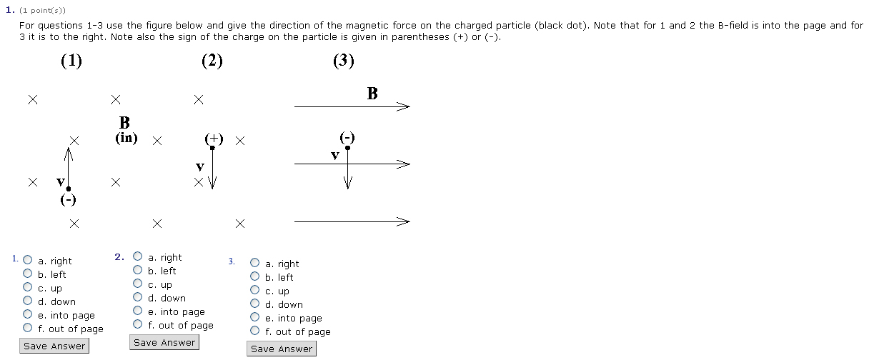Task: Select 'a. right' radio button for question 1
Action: coord(28,261)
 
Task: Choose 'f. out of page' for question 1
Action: coord(28,329)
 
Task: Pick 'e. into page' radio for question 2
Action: coord(138,311)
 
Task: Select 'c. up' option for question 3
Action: coord(255,291)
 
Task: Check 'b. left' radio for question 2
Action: coord(138,270)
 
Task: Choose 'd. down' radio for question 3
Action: coord(255,304)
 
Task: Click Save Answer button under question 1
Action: coord(54,346)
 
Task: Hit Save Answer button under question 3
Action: coord(282,349)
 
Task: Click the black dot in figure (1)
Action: coord(69,189)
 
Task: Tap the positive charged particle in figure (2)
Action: coord(212,147)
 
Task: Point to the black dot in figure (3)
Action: coord(347,148)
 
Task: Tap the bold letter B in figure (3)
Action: coord(372,94)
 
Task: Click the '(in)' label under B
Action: coord(126,138)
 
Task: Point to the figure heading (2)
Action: coord(212,61)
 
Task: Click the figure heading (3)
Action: coord(343,61)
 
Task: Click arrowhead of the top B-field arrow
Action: coord(405,107)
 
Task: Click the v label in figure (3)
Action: coord(334,155)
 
